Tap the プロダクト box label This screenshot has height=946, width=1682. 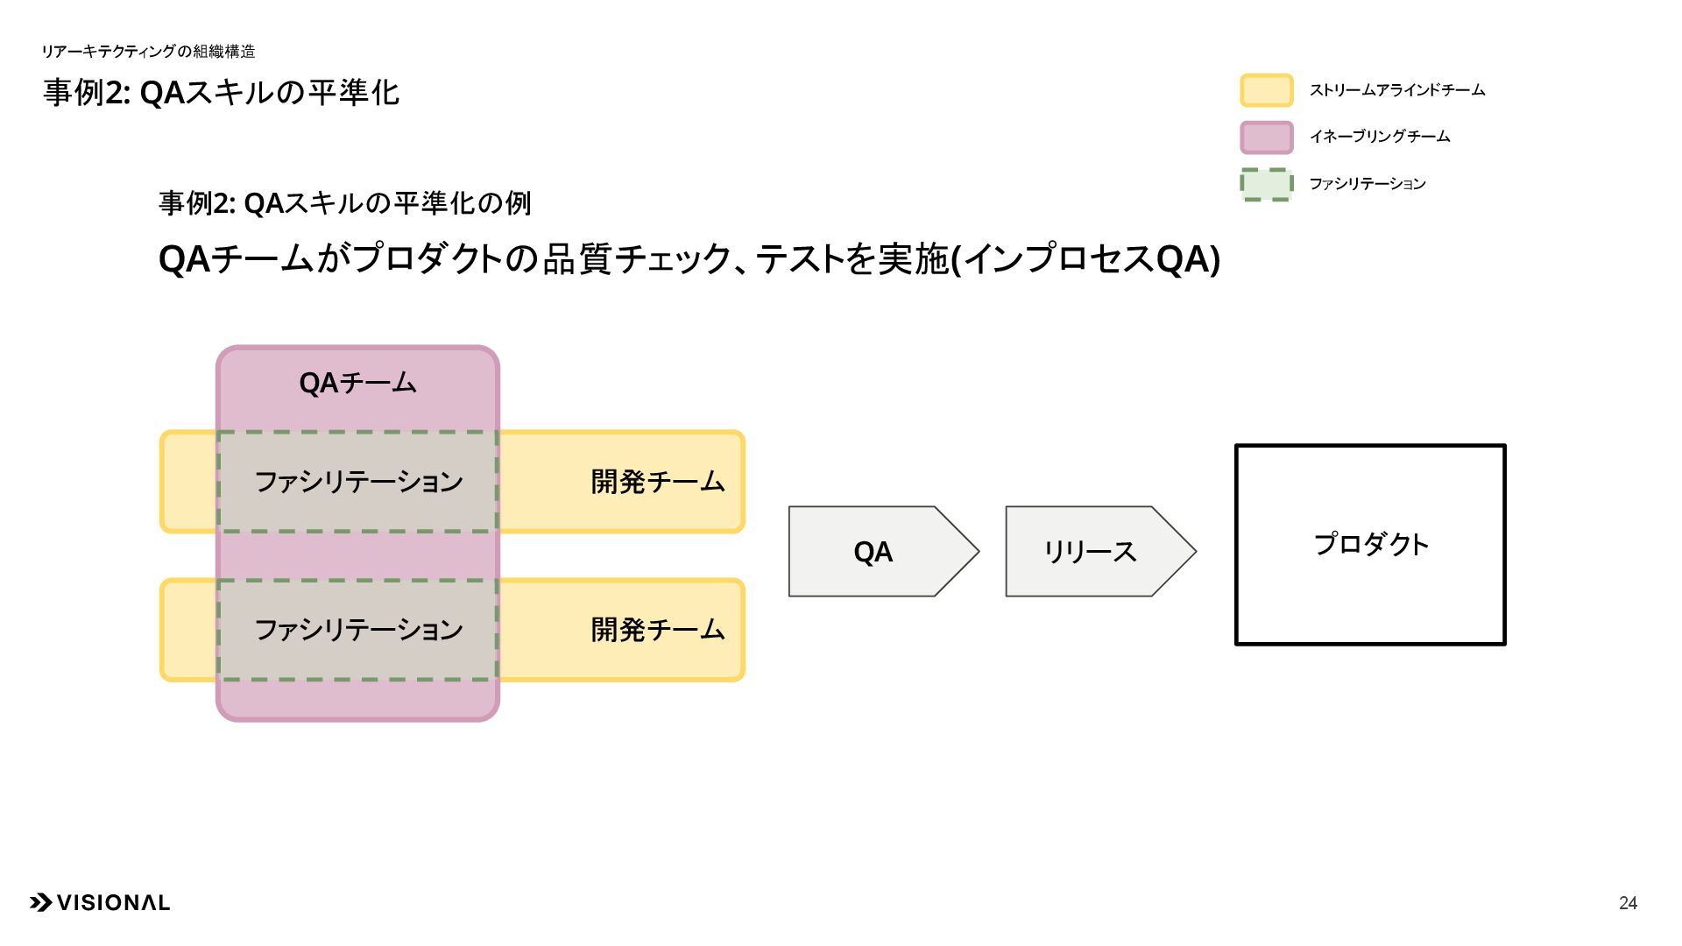(x=1371, y=544)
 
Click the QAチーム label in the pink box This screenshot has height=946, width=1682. (x=357, y=383)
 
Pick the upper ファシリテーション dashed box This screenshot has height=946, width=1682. (x=357, y=481)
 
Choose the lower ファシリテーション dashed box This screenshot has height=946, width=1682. (x=357, y=629)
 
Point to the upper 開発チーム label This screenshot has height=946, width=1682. (x=657, y=481)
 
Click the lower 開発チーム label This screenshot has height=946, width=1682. (x=657, y=629)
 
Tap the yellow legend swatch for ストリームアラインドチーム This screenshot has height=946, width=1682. (x=1266, y=90)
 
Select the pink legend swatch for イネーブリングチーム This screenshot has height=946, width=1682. (x=1266, y=138)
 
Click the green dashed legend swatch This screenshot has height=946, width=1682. (x=1266, y=185)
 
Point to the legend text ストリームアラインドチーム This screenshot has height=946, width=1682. (x=1396, y=90)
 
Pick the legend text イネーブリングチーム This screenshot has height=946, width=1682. (x=1379, y=137)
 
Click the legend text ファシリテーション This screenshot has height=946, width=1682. (x=1367, y=184)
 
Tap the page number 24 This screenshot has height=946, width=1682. (x=1628, y=903)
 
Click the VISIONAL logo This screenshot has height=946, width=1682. (x=100, y=903)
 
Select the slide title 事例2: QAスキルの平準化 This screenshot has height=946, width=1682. (x=221, y=92)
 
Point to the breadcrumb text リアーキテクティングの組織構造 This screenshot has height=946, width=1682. (x=148, y=52)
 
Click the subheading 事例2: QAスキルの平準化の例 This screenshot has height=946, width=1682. (x=344, y=203)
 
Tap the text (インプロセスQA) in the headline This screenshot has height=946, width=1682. (x=1085, y=259)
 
